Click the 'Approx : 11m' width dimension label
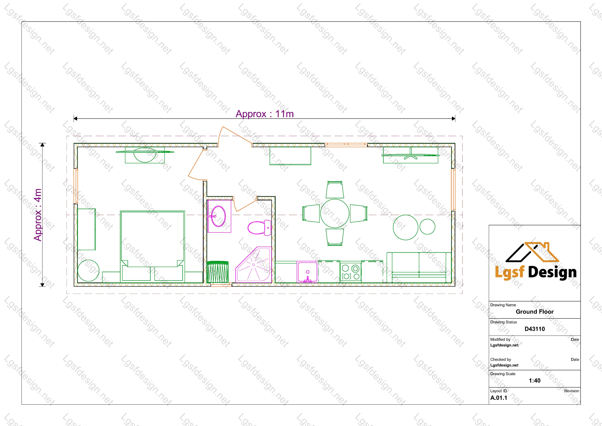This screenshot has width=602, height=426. pyautogui.click(x=265, y=114)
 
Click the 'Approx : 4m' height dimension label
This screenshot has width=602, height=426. pyautogui.click(x=38, y=215)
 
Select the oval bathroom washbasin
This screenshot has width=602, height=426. pyautogui.click(x=218, y=216)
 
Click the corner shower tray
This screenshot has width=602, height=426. pyautogui.click(x=253, y=264)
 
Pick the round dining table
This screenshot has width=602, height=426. pyautogui.click(x=335, y=213)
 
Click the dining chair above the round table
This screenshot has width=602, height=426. pyautogui.click(x=335, y=189)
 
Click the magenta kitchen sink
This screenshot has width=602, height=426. pyautogui.click(x=308, y=272)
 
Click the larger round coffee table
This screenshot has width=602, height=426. pyautogui.click(x=406, y=227)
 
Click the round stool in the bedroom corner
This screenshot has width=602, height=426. pyautogui.click(x=88, y=270)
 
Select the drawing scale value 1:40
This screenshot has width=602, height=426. pyautogui.click(x=535, y=380)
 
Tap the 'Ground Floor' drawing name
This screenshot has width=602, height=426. pyautogui.click(x=535, y=312)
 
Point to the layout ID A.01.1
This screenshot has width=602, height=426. pyautogui.click(x=499, y=398)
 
